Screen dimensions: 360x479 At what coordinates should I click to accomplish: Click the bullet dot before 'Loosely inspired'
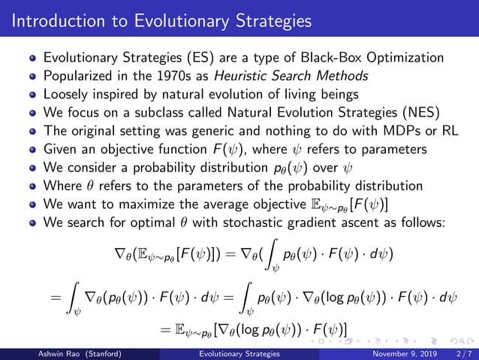33,95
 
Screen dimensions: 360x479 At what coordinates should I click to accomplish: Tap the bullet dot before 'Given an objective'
33,150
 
